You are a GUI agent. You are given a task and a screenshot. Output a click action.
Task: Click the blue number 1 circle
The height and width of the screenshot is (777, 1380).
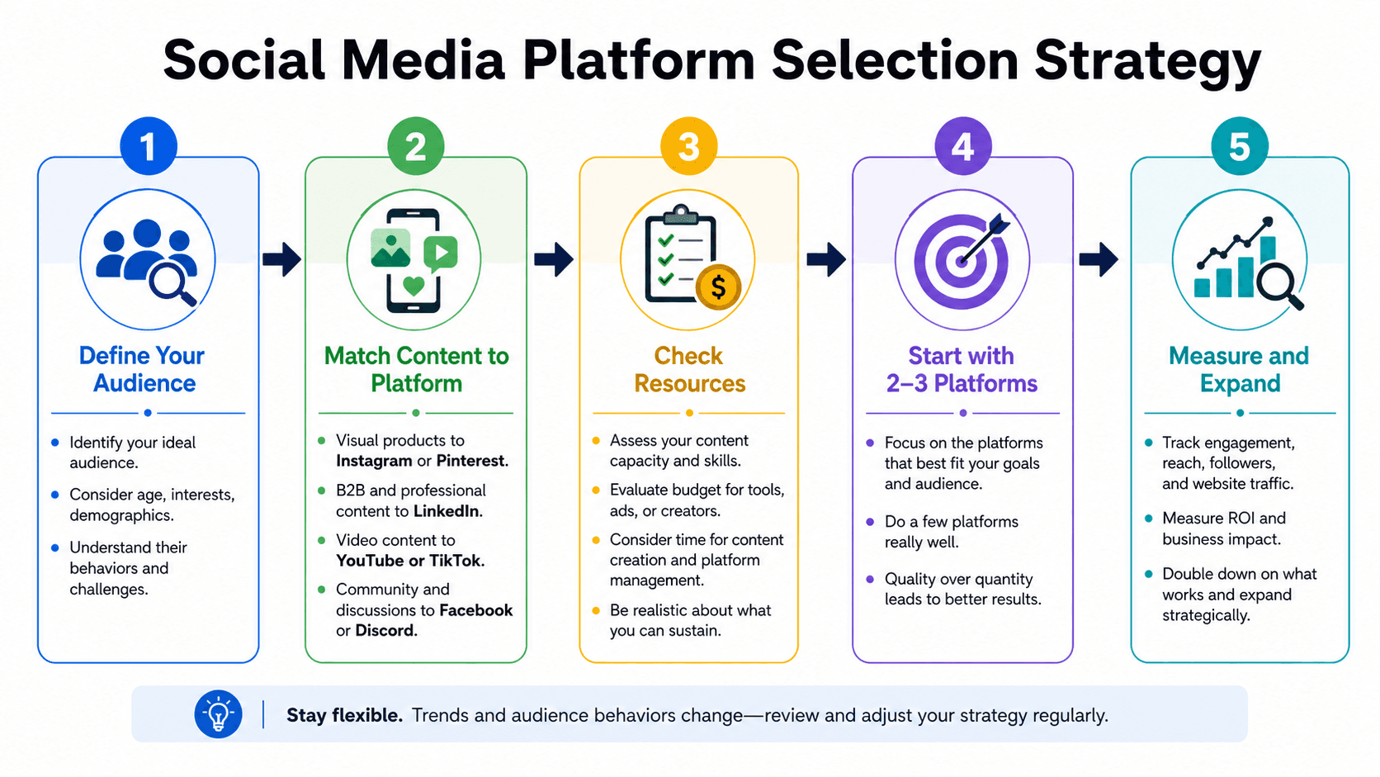149,146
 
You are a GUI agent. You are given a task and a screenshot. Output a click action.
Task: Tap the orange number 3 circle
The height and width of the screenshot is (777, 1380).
689,146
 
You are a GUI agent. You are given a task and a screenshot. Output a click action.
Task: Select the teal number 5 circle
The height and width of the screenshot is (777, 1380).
1240,146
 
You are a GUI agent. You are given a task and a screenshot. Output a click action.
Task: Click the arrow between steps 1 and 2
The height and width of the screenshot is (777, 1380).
281,258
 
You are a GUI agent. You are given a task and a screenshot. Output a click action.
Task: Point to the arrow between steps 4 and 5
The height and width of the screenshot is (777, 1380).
1099,258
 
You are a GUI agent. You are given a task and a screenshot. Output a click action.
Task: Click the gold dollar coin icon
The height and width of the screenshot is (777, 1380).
718,287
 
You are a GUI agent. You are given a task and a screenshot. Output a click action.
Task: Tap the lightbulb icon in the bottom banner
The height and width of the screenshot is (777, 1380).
218,714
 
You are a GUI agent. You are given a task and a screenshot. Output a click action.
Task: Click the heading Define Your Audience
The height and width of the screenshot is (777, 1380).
144,369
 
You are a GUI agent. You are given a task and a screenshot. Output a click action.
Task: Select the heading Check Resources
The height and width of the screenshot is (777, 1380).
689,369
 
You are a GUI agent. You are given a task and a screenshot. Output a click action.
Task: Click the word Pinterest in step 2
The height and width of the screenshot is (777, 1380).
472,461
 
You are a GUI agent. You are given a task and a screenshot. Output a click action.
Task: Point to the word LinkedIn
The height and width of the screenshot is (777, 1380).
447,511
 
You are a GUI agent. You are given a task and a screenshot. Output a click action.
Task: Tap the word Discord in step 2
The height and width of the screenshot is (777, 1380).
386,630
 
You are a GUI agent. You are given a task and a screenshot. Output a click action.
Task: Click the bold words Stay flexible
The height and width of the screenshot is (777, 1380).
344,715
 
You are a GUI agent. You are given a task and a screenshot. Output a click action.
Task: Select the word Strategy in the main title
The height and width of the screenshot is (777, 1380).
1147,63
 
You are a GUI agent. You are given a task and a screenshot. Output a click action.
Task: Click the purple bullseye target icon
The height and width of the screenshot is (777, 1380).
962,259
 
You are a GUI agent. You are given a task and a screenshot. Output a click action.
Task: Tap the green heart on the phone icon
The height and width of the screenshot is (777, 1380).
414,286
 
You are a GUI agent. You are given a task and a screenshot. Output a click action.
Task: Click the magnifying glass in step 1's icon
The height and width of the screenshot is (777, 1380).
172,282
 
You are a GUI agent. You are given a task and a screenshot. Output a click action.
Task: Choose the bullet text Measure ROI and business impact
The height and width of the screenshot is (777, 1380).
1223,528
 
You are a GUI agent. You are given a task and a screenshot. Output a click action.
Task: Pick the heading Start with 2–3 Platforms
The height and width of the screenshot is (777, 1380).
962,369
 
